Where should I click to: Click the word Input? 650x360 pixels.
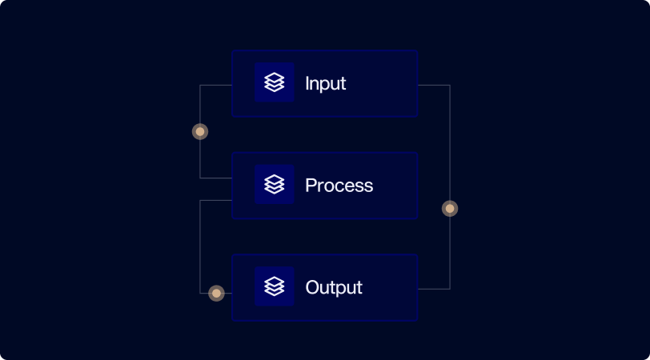pos(326,83)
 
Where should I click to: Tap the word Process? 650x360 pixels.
pos(339,186)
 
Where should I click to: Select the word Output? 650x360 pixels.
pos(334,287)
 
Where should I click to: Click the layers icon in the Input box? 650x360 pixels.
pos(275,82)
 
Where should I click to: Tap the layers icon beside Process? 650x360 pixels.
pos(275,185)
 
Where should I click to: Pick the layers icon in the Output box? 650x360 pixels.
pos(275,286)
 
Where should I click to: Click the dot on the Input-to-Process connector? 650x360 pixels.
pos(200,131)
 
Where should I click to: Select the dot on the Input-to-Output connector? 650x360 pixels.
pos(450,209)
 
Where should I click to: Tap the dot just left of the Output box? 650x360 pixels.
pos(216,294)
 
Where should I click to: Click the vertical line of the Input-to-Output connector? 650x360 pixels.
pos(450,144)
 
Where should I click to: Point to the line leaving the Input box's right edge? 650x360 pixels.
pos(433,85)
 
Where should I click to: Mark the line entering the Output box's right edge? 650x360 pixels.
pos(433,289)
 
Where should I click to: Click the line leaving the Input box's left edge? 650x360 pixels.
pos(216,85)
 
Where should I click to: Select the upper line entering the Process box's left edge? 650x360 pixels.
pos(216,178)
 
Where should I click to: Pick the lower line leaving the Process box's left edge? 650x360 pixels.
pos(216,200)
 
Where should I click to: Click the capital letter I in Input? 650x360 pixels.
pos(307,83)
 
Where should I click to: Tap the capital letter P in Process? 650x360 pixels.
pos(311,186)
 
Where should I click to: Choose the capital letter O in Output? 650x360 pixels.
pos(312,287)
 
